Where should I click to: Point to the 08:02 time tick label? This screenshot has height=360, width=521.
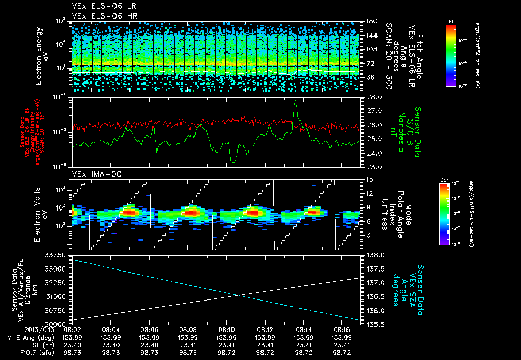click(72, 330)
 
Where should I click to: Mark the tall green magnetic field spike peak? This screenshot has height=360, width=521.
click(296, 101)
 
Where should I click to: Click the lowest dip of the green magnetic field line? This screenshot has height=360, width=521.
click(233, 162)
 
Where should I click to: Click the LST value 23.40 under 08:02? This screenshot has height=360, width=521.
click(72, 344)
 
